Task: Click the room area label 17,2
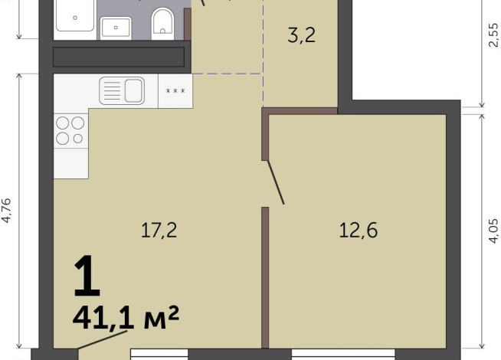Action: [159, 231]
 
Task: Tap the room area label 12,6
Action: [359, 231]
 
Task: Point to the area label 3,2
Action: [302, 35]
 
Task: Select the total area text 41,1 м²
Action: [126, 318]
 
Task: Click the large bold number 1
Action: [87, 276]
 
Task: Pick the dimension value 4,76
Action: [6, 211]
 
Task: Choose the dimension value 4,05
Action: [493, 231]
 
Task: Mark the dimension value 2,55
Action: [493, 35]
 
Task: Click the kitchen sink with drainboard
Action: [122, 90]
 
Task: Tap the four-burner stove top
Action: [70, 131]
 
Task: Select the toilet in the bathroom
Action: [162, 21]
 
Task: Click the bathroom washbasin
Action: [116, 28]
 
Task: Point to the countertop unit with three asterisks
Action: [175, 91]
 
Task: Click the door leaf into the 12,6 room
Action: [276, 182]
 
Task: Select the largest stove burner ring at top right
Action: [77, 123]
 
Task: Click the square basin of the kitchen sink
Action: [133, 90]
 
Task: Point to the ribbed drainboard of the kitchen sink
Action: [112, 90]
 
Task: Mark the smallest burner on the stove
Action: [77, 139]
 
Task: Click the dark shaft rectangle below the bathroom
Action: [119, 57]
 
